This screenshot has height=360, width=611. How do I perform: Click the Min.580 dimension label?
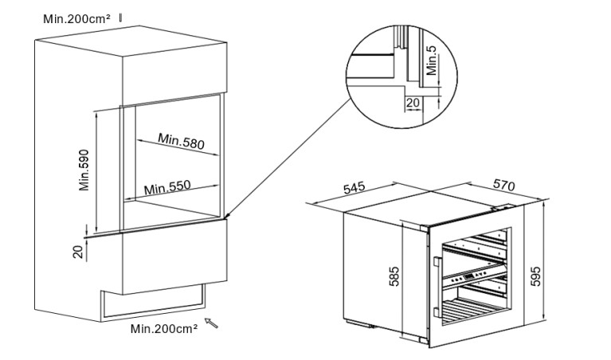[182, 142]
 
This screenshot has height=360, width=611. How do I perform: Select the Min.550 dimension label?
[167, 188]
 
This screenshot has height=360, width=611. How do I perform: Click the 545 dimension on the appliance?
[354, 189]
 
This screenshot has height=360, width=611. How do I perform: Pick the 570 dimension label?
[503, 185]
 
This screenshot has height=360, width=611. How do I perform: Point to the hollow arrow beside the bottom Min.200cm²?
[212, 323]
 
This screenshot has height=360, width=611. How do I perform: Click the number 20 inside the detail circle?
[413, 103]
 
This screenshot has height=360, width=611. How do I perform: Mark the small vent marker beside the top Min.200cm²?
[121, 15]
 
